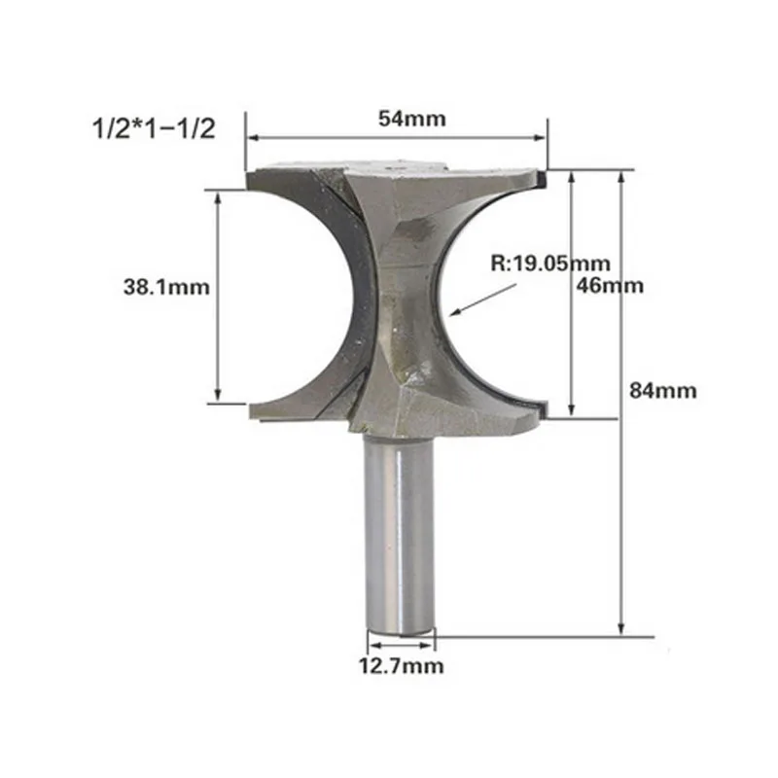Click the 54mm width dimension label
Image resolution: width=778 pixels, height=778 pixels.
[x=411, y=119]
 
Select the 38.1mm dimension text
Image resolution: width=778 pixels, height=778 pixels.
[x=166, y=287]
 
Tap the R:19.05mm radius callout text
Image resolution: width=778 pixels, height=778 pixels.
[x=550, y=263]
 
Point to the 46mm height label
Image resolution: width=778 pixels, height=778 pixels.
[x=610, y=285]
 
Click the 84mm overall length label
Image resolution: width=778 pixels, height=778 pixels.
[x=663, y=391]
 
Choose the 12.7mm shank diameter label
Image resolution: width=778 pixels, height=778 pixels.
[x=401, y=666]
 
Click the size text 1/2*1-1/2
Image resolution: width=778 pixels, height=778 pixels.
[x=154, y=128]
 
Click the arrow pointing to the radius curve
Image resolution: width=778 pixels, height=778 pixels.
[x=482, y=300]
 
